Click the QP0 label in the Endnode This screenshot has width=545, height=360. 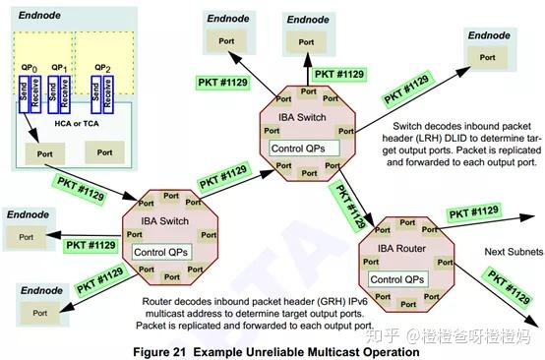click(30, 68)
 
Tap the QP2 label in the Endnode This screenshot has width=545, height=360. click(101, 68)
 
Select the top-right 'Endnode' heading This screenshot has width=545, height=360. click(496, 35)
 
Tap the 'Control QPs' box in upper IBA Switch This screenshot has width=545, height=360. click(305, 148)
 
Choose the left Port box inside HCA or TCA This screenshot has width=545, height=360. click(44, 153)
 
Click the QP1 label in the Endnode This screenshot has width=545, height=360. click(59, 68)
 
